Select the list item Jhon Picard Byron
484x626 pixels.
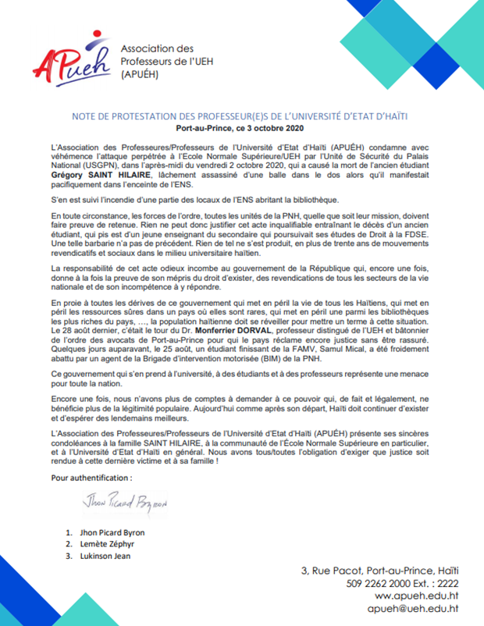pyautogui.click(x=112, y=532)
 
